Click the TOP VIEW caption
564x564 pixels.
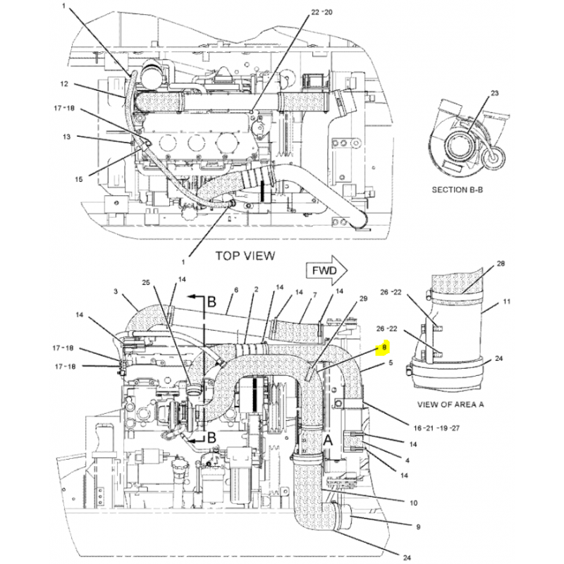(x=245, y=256)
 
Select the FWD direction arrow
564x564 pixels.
(x=326, y=271)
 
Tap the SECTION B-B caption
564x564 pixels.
(x=457, y=190)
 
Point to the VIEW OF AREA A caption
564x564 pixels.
(x=450, y=404)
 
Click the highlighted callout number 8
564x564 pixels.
(x=384, y=348)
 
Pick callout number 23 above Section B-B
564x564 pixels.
(x=495, y=93)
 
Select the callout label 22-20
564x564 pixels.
(x=321, y=12)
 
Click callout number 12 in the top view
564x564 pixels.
(x=64, y=84)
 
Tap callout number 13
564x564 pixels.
(x=66, y=137)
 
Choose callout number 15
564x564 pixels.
(x=79, y=179)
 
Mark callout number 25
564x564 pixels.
(x=146, y=283)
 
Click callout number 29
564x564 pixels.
(x=363, y=298)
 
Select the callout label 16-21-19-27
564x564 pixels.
(x=436, y=428)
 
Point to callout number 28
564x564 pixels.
(x=501, y=264)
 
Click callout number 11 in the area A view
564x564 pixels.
(x=506, y=302)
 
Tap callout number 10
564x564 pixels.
(x=414, y=503)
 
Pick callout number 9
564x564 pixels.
(x=418, y=527)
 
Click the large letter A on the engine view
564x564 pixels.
(x=328, y=439)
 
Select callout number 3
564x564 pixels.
(x=116, y=291)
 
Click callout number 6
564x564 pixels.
(x=236, y=290)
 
